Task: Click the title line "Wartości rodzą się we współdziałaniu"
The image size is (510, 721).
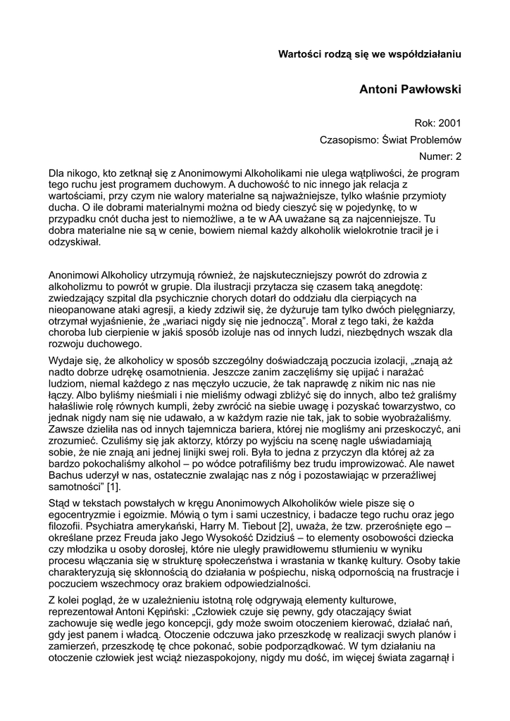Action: (x=369, y=53)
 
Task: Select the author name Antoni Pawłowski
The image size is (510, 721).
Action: (x=410, y=90)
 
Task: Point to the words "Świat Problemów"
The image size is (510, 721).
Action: (x=420, y=139)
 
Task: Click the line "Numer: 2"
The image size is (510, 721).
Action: (x=440, y=156)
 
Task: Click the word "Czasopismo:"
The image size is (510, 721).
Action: (x=347, y=139)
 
